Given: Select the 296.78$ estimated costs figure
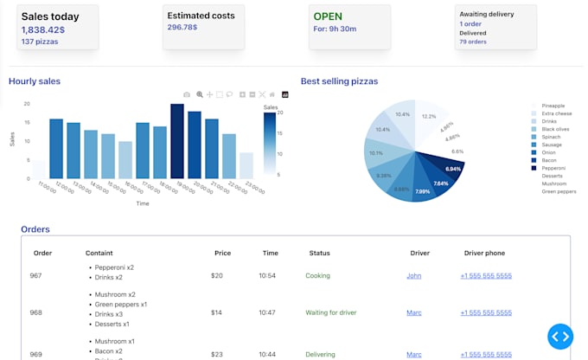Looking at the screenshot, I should tap(182, 27).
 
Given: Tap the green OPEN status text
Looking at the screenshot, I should tap(328, 16).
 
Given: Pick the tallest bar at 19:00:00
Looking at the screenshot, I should tap(177, 141).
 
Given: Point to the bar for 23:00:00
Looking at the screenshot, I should tap(246, 164).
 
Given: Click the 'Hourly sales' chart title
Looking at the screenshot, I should tap(35, 81).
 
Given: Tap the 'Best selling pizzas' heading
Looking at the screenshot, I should tap(339, 81).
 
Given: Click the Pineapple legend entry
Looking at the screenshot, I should tap(553, 106).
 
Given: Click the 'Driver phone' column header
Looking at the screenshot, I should tap(484, 254).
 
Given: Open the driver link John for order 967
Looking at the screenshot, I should tap(414, 276).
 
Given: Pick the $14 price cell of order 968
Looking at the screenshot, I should tap(217, 312).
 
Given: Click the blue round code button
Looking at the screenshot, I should tap(560, 336).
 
